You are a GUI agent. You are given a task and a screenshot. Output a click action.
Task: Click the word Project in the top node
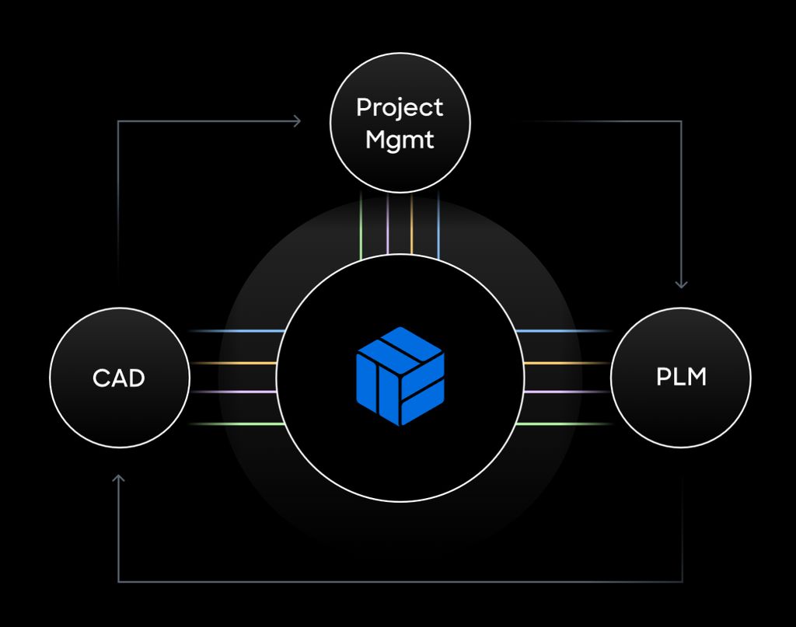(400, 108)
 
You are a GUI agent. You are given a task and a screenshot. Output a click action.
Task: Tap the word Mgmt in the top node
(400, 141)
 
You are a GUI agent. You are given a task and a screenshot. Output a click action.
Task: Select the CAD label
(119, 378)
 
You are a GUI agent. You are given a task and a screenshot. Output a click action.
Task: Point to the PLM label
(681, 378)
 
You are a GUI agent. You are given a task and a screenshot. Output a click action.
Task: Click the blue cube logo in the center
(400, 376)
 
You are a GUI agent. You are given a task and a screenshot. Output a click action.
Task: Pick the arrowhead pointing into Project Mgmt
(296, 120)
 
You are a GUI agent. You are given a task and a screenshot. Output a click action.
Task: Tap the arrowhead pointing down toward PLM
(681, 284)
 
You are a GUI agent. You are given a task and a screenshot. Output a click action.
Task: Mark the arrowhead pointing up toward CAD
(118, 479)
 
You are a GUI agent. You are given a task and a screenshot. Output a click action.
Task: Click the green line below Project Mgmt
(361, 225)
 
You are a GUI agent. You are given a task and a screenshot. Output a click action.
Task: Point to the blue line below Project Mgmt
(438, 225)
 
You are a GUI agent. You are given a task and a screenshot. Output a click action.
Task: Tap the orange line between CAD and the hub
(233, 363)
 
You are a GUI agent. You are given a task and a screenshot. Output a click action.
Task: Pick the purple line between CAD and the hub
(233, 392)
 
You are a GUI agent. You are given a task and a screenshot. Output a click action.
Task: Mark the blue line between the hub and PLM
(564, 331)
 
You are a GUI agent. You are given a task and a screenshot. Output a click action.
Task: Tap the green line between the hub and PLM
(564, 424)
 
